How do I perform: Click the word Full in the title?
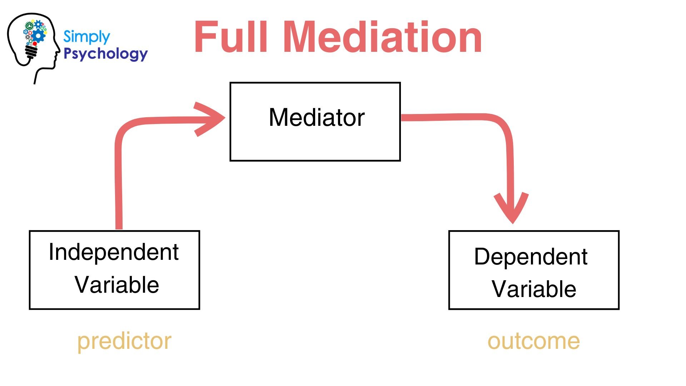pyautogui.click(x=231, y=37)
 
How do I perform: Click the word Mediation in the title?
pyautogui.click(x=384, y=37)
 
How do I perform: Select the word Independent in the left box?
pyautogui.click(x=114, y=252)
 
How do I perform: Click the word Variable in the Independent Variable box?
pyautogui.click(x=116, y=285)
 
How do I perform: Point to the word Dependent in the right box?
pyautogui.click(x=531, y=257)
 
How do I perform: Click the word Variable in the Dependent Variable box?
pyautogui.click(x=534, y=289)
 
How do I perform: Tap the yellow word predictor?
pyautogui.click(x=124, y=341)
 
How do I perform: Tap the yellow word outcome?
pyautogui.click(x=533, y=341)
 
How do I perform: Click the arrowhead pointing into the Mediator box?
pyautogui.click(x=213, y=119)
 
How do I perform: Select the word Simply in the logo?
pyautogui.click(x=86, y=37)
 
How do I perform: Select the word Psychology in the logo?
pyautogui.click(x=105, y=54)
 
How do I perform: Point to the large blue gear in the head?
pyautogui.click(x=39, y=35)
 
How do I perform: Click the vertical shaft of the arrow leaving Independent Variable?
pyautogui.click(x=119, y=186)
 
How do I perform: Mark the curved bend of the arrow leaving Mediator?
pyautogui.click(x=500, y=125)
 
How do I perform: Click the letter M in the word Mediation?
pyautogui.click(x=307, y=37)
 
